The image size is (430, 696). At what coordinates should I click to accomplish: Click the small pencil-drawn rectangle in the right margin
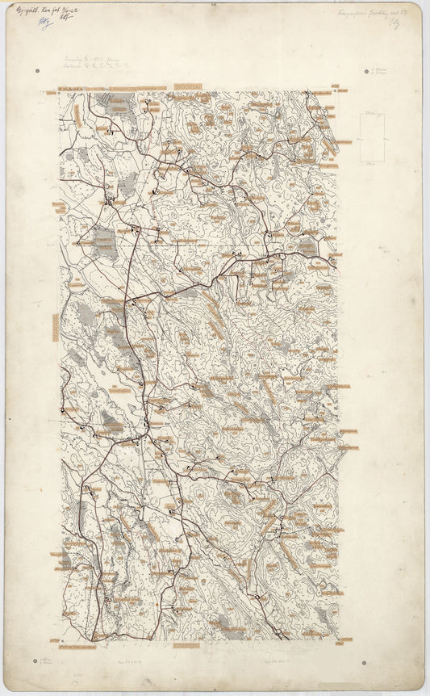[x=372, y=138]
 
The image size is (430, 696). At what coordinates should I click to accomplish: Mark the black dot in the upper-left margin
[x=37, y=71]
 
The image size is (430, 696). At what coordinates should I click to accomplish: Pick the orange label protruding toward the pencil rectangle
[x=342, y=142]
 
